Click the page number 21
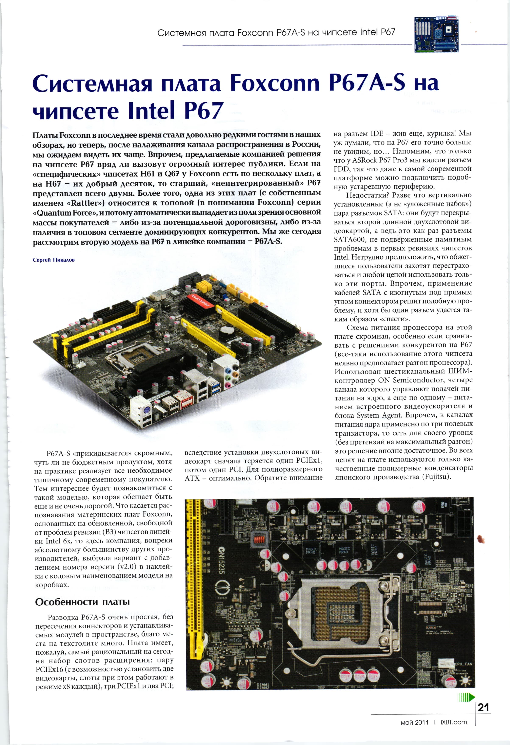click(x=483, y=707)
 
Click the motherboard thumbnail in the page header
click(x=436, y=34)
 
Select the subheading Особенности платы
click(x=82, y=602)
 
